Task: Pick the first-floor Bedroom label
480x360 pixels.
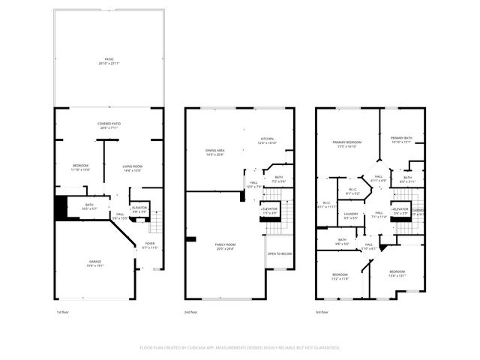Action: [x=80, y=167]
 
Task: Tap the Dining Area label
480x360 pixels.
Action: [x=215, y=152]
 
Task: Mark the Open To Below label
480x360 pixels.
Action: [x=279, y=253]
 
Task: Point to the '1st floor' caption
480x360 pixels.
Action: [x=63, y=311]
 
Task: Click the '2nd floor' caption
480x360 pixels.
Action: [x=191, y=311]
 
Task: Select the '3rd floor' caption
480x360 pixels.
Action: [x=322, y=311]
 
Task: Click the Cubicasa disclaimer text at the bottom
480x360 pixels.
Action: [x=240, y=348]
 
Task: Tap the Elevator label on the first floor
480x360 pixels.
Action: [x=139, y=209]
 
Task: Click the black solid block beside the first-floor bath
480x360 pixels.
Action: [x=60, y=208]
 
